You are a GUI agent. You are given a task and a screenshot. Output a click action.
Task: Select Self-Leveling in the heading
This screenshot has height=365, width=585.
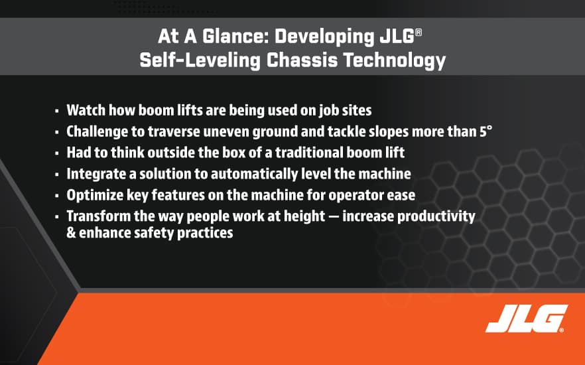(x=200, y=60)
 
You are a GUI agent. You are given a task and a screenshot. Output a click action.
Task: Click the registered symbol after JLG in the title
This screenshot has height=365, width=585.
(x=419, y=33)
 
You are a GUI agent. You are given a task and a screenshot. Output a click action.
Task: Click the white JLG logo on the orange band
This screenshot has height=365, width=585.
(x=527, y=319)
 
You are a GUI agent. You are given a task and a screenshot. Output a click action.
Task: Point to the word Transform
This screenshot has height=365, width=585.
(x=99, y=216)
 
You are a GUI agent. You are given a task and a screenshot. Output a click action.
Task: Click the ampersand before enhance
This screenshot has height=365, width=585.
(x=71, y=233)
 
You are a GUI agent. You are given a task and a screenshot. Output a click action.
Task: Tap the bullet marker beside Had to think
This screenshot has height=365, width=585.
(x=57, y=153)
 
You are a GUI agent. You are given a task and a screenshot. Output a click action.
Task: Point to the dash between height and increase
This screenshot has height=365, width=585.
(x=334, y=217)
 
